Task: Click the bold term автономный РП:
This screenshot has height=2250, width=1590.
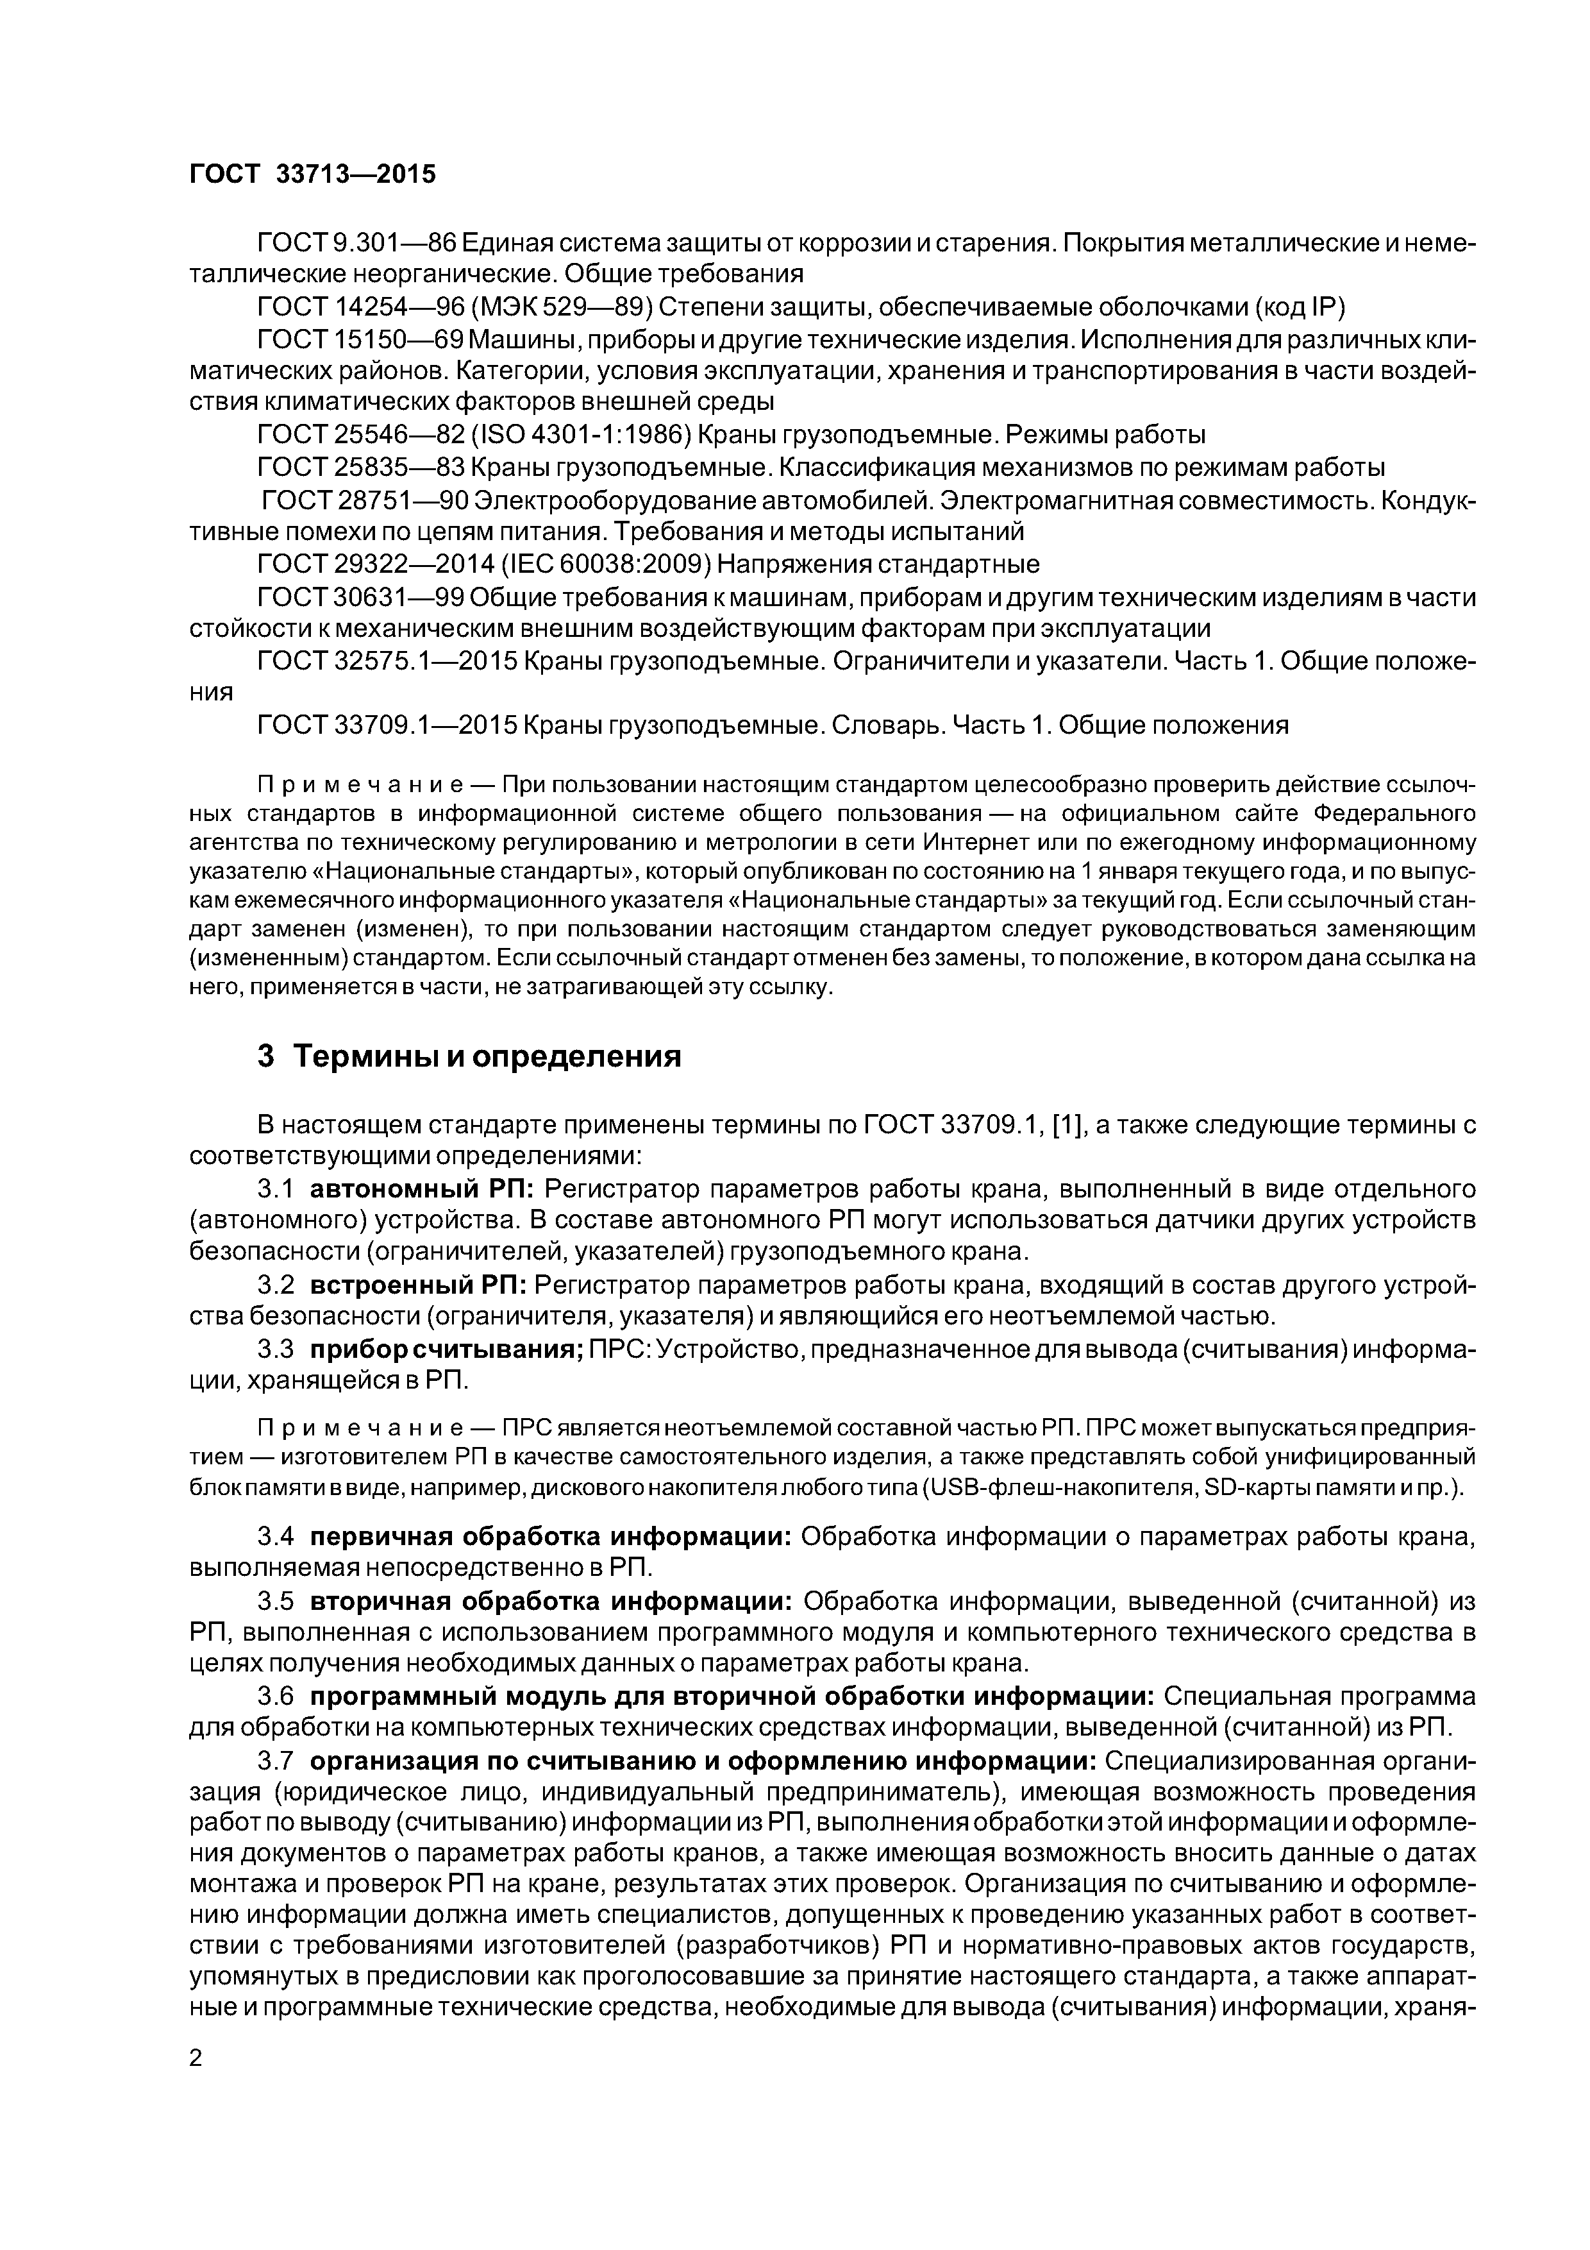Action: tap(421, 1190)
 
